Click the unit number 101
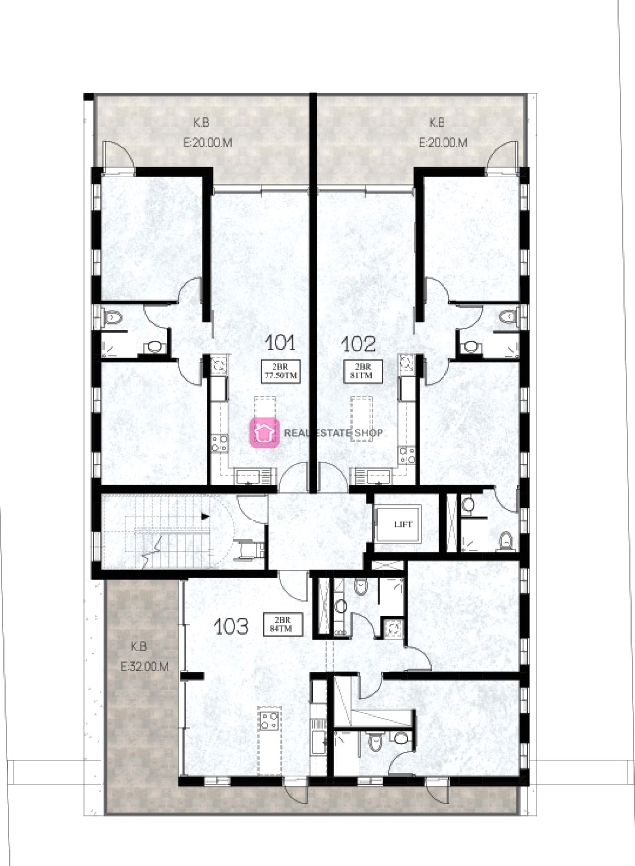pos(280,343)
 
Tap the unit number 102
pos(358,343)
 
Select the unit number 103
pos(231,627)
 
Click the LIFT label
pos(403,524)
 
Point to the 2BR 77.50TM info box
pos(281,371)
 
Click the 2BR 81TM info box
pos(363,371)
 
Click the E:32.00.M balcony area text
pos(144,667)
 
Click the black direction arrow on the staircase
pos(205,516)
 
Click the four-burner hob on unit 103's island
pos(269,720)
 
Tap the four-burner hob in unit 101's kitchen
pos(219,443)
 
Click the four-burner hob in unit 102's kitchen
pos(407,455)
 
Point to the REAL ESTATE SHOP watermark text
pos(333,433)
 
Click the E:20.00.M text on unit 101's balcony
pos(207,143)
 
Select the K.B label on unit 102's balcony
pos(437,122)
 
